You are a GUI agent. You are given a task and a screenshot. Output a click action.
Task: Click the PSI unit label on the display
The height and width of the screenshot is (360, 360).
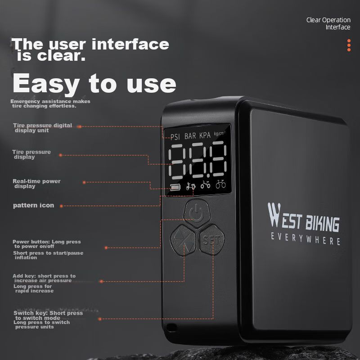(175, 137)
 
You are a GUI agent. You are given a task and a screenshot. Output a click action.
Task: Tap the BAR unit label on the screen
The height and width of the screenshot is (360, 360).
(190, 136)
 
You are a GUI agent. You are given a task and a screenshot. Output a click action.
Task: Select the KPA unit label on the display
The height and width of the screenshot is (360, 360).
(205, 135)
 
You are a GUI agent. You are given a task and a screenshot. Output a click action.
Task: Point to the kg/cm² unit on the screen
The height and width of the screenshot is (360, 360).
(220, 133)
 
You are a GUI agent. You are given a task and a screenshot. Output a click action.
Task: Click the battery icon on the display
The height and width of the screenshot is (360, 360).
(175, 187)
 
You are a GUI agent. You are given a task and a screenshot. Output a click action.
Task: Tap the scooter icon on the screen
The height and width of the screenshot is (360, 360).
(191, 185)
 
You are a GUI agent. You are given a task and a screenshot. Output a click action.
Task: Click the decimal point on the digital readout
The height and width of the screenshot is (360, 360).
(208, 176)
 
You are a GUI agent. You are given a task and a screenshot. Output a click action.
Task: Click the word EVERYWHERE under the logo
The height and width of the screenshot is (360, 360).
(306, 239)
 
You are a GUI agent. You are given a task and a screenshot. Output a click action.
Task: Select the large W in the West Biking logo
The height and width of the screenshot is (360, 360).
(274, 215)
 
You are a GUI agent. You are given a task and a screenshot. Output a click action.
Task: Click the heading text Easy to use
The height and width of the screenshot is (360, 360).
(94, 84)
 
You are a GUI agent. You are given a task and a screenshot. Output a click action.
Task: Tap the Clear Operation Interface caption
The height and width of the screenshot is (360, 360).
(328, 23)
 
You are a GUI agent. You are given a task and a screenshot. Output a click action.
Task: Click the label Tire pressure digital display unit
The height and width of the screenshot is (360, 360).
(42, 128)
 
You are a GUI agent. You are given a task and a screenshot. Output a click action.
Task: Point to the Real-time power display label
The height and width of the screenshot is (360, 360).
(36, 184)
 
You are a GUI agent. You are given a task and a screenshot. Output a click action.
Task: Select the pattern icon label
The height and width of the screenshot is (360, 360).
(33, 205)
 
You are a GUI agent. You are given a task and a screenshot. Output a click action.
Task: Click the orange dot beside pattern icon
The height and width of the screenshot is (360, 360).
(61, 206)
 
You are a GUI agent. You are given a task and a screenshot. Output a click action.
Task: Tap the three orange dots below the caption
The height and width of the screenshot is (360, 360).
(349, 45)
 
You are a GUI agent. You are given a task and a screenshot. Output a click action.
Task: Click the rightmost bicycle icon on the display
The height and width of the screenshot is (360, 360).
(220, 184)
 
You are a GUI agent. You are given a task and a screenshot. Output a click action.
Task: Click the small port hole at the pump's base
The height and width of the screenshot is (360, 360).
(171, 328)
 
